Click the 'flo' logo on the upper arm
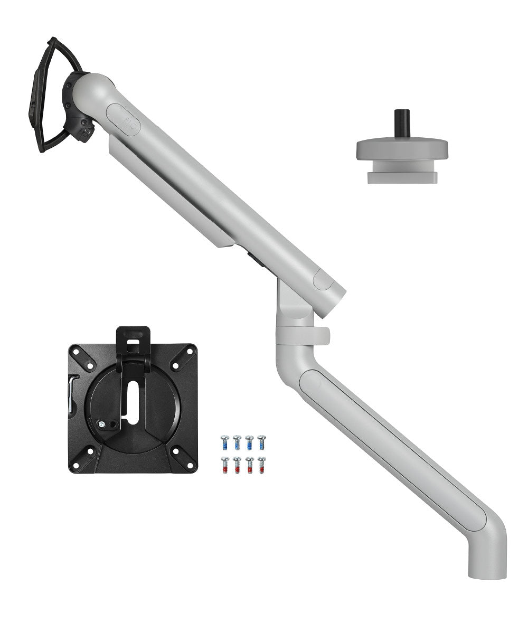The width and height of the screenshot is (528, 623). [x=123, y=119]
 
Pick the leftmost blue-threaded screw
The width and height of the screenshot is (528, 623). [x=224, y=442]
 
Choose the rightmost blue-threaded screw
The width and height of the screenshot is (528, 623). [x=261, y=442]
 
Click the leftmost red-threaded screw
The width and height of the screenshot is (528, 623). [x=224, y=465]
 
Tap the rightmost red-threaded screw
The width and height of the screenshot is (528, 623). [x=261, y=465]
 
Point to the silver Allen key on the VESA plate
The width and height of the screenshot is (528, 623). [x=73, y=391]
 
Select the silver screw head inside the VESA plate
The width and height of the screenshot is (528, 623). [x=101, y=423]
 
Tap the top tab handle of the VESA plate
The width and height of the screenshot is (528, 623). [x=133, y=338]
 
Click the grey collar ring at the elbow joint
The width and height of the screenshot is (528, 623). [x=302, y=336]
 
